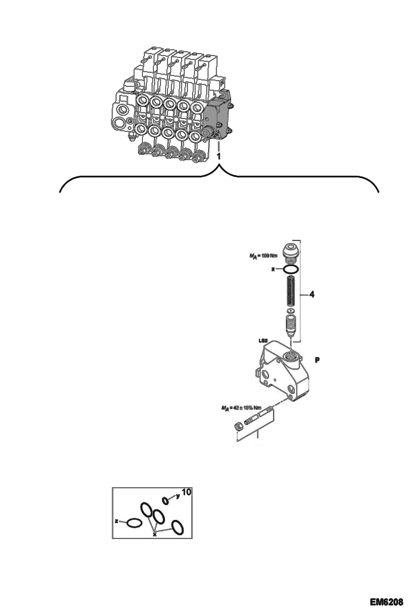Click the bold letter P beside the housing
tap(317, 360)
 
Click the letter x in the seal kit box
tap(154, 534)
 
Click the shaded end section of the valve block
tap(218, 119)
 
